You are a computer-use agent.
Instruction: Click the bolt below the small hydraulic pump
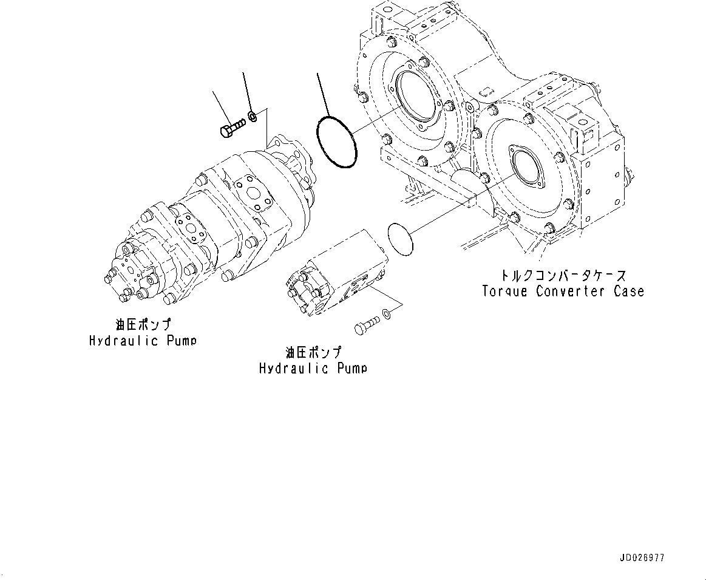365,326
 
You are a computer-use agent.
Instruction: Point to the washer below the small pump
387,314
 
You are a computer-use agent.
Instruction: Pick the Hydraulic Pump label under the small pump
313,368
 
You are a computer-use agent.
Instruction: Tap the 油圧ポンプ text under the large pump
143,324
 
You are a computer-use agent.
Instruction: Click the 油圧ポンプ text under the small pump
313,352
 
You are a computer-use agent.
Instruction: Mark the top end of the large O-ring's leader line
317,73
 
